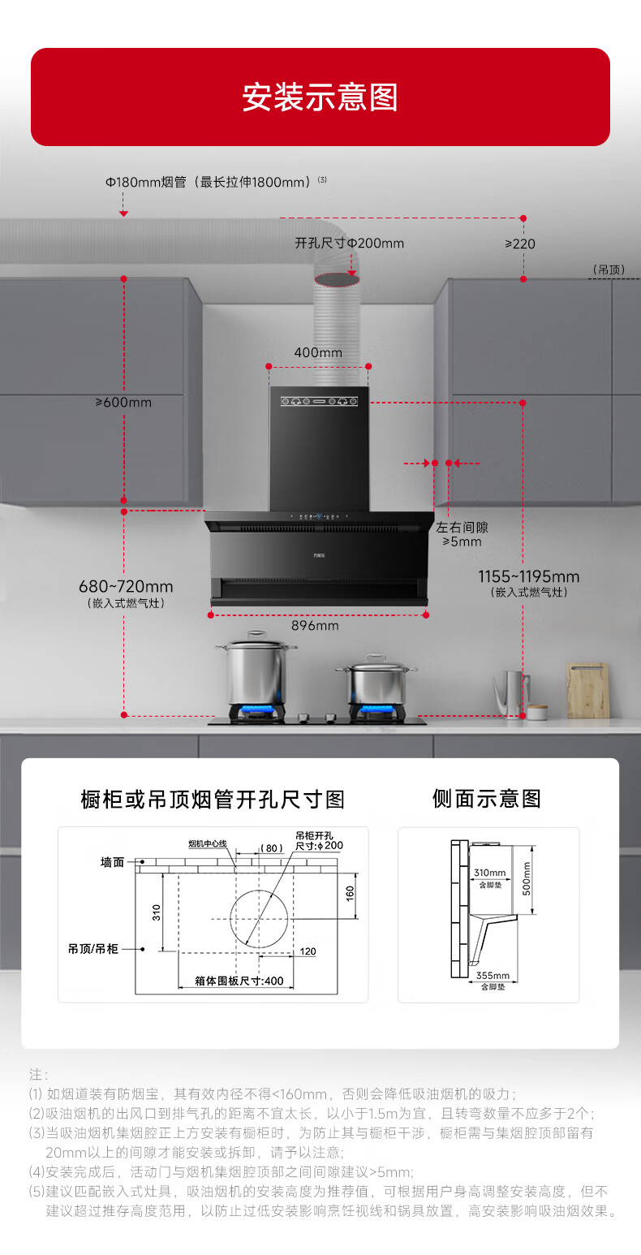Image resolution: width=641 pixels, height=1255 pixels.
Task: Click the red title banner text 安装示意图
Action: click(x=320, y=97)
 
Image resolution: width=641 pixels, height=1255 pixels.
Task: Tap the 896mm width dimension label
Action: click(x=315, y=626)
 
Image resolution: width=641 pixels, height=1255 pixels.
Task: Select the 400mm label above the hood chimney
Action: click(x=318, y=353)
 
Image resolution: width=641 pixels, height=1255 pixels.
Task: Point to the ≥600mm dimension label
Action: click(x=123, y=403)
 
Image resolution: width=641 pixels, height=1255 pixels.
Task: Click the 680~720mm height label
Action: click(x=126, y=586)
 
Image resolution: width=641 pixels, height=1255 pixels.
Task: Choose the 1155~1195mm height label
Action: click(x=528, y=577)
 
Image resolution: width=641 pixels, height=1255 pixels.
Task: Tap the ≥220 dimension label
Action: click(x=520, y=244)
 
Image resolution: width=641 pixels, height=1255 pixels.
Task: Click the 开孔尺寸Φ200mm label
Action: click(x=349, y=244)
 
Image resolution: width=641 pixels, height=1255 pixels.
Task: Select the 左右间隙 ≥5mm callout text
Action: click(x=462, y=534)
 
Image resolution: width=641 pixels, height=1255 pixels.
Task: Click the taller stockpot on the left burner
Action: click(x=256, y=670)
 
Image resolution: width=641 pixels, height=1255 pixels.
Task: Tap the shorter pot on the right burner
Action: click(x=376, y=682)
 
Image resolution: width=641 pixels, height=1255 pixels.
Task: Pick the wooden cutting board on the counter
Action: click(x=587, y=690)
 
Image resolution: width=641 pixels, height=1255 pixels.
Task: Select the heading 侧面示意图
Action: click(x=487, y=799)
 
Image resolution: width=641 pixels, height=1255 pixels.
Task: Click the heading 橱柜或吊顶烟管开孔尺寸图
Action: click(x=213, y=800)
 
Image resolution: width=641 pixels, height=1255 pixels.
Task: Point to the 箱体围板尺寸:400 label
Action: click(x=239, y=981)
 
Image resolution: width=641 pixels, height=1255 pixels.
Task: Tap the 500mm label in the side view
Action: click(x=525, y=878)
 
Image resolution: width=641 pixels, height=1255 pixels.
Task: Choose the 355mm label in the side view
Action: click(x=493, y=976)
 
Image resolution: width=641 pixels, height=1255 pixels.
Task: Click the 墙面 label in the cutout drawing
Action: click(x=112, y=862)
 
